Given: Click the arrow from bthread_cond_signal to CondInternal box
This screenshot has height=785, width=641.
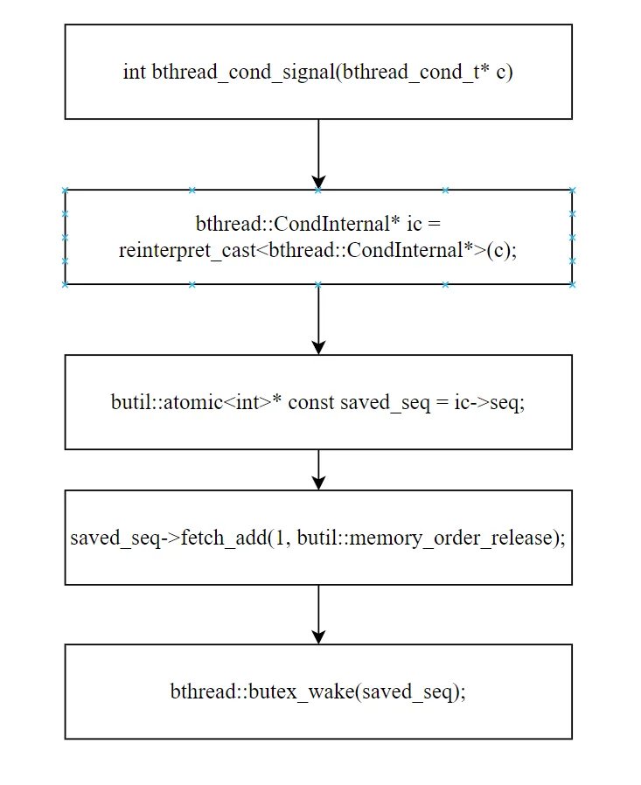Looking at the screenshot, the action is [318, 154].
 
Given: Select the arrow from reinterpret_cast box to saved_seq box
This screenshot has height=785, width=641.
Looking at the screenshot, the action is [318, 319].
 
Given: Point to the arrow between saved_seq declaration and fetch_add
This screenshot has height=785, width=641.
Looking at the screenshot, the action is [318, 469].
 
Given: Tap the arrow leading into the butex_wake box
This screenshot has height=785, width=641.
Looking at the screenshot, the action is [318, 615].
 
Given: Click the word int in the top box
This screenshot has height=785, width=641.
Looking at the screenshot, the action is [134, 72].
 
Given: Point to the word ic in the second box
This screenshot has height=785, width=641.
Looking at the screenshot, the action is [415, 225].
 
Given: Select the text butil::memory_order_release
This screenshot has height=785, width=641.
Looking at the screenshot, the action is [424, 538].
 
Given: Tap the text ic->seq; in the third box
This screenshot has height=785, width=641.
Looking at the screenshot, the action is [489, 402].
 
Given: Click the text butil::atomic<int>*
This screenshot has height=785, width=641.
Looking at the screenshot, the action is [196, 402].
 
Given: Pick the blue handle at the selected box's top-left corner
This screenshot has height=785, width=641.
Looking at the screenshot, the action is [65, 191].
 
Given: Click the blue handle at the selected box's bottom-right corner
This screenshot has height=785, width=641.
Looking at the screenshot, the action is [573, 284].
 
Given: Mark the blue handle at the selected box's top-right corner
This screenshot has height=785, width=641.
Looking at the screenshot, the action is [573, 191].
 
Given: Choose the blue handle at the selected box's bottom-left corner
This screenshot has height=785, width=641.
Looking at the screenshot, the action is [65, 284].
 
